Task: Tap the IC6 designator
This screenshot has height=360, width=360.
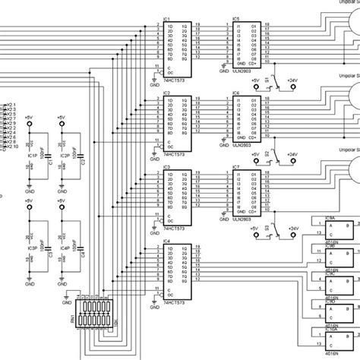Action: pyautogui.click(x=235, y=92)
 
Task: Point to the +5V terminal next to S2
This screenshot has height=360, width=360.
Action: pyautogui.click(x=256, y=154)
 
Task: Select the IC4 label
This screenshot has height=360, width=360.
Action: pyautogui.click(x=166, y=242)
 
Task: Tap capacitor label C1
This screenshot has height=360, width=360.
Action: pyautogui.click(x=50, y=162)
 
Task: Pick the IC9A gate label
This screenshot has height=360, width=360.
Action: pyautogui.click(x=330, y=218)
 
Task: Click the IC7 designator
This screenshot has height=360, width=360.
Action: pyautogui.click(x=235, y=166)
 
